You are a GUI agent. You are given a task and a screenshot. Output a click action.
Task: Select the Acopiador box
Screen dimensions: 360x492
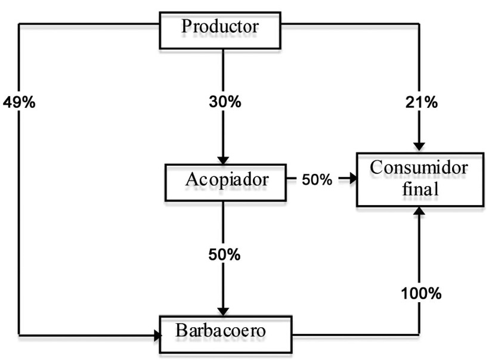224,182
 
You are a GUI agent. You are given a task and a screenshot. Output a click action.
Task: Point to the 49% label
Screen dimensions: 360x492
19,103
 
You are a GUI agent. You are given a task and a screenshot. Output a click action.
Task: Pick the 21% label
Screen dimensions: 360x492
422,103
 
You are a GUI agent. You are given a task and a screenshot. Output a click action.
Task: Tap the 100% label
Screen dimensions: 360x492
421,293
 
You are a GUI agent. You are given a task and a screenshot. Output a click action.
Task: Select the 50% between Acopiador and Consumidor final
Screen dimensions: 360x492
316,179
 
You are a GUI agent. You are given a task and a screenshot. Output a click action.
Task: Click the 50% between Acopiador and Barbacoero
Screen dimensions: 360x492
224,255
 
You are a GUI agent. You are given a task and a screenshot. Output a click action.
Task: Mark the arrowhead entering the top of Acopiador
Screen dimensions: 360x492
223,160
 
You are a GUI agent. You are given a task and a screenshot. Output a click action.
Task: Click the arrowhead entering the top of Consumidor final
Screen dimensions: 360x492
420,147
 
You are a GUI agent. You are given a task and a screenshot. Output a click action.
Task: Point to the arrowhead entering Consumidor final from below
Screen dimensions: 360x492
420,210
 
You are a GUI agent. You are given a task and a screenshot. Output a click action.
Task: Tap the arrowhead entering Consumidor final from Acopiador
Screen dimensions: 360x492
351,178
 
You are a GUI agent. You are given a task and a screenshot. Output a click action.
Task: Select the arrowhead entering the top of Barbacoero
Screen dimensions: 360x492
223,312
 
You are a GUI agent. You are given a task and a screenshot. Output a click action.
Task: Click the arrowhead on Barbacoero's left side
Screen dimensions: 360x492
157,336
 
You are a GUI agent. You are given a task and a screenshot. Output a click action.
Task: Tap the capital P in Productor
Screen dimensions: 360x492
187,27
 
